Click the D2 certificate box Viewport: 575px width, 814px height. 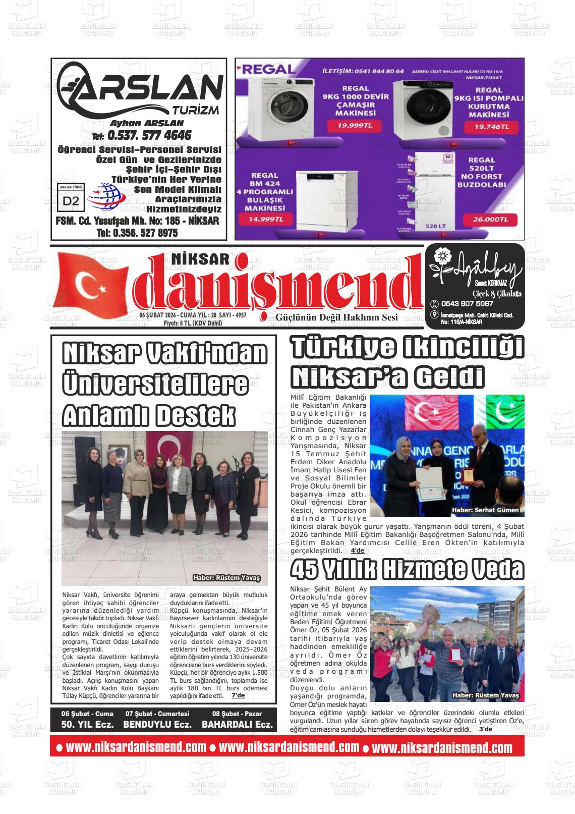coord(71,200)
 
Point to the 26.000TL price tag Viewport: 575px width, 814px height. coord(488,220)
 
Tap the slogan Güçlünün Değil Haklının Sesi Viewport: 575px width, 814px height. coord(336,317)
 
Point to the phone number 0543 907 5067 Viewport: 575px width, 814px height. coord(467,304)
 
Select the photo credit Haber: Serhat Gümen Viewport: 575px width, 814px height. coord(485,510)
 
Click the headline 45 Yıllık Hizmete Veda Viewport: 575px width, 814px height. coord(407,570)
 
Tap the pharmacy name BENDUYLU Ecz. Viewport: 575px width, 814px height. coord(157,724)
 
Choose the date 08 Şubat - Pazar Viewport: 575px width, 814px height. coord(237,714)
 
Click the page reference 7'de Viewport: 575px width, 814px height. coord(238,695)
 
